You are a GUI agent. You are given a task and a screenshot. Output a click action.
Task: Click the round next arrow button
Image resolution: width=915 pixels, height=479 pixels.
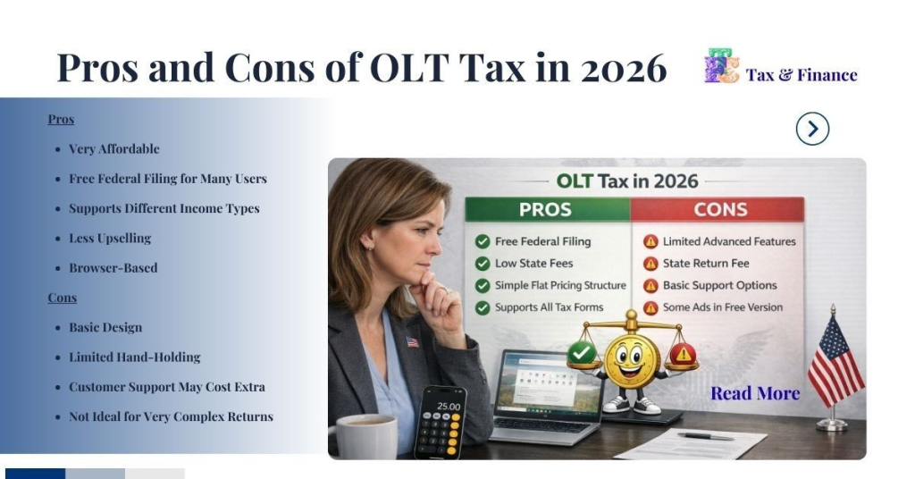[812, 130]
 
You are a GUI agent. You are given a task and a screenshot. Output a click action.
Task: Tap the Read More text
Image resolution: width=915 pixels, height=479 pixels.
[755, 393]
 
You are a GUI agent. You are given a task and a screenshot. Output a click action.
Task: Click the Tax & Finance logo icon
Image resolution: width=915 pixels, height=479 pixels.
[721, 67]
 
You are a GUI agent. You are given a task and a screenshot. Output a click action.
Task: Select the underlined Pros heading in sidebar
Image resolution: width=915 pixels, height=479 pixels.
[61, 119]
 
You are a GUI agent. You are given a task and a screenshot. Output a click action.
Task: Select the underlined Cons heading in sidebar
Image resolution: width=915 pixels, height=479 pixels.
[63, 298]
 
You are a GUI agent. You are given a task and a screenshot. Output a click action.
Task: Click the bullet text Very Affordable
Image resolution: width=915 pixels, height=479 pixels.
[113, 148]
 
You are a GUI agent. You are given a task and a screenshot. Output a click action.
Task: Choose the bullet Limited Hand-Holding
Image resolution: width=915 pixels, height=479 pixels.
[134, 357]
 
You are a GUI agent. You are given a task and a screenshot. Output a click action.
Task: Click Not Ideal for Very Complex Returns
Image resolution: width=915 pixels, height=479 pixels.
[171, 416]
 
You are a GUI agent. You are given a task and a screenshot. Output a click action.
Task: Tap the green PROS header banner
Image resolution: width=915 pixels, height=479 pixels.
[546, 210]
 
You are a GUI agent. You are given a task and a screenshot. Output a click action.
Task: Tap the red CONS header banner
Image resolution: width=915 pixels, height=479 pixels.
[720, 210]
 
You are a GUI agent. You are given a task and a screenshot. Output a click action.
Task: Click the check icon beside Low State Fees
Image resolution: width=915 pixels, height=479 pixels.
[483, 264]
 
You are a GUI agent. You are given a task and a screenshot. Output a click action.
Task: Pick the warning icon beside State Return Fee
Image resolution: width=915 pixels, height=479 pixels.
[651, 264]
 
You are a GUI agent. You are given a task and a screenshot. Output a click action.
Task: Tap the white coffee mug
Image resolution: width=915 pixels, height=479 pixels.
[365, 436]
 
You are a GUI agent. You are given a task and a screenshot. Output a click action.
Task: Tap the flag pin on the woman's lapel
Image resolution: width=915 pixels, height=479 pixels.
[412, 341]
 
